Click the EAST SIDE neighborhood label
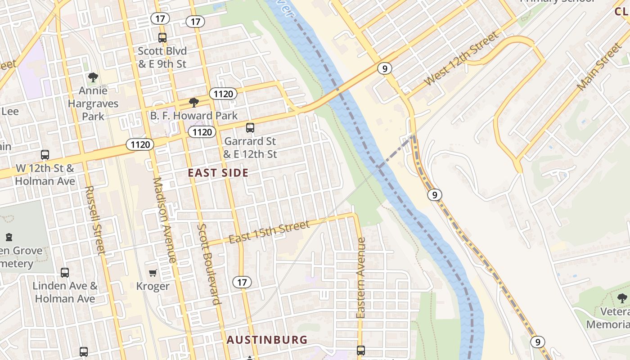[x=218, y=173]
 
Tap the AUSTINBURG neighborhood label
[x=267, y=340]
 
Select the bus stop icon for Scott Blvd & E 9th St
[x=162, y=38]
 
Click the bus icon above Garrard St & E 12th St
[x=250, y=128]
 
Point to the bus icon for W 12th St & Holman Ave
[x=45, y=155]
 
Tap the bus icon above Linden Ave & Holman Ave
[x=65, y=272]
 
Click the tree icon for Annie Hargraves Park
[x=93, y=77]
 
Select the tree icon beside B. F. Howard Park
[x=194, y=103]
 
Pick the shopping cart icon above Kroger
[x=153, y=273]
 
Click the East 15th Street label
[x=269, y=232]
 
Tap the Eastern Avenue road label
[x=361, y=278]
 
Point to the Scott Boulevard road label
[x=210, y=264]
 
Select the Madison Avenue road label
[x=165, y=220]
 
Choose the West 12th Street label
[x=462, y=58]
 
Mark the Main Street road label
[x=599, y=67]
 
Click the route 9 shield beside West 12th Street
[x=384, y=68]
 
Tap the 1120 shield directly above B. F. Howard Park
[x=223, y=94]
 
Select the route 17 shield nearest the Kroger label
[x=242, y=282]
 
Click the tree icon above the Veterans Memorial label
[x=622, y=298]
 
